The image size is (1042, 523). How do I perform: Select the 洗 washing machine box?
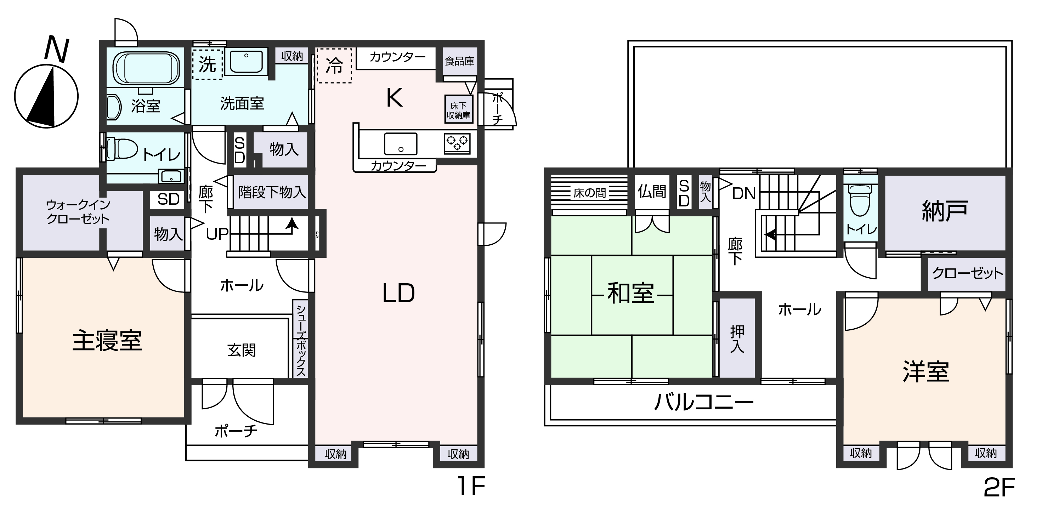[208, 65]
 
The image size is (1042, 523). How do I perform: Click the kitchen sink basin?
[401, 144]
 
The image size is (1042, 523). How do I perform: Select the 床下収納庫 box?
[458, 110]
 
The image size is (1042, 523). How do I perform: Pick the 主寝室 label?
[107, 341]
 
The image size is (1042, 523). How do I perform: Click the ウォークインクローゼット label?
[78, 212]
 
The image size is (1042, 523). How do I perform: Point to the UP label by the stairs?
[217, 234]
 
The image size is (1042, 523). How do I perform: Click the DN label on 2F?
[743, 194]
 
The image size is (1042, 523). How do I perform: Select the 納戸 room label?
[945, 211]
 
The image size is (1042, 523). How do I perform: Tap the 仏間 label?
[652, 191]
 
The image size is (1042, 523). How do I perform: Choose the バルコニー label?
[704, 403]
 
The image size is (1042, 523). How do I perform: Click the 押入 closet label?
[737, 339]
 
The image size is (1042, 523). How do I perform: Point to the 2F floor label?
[999, 487]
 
